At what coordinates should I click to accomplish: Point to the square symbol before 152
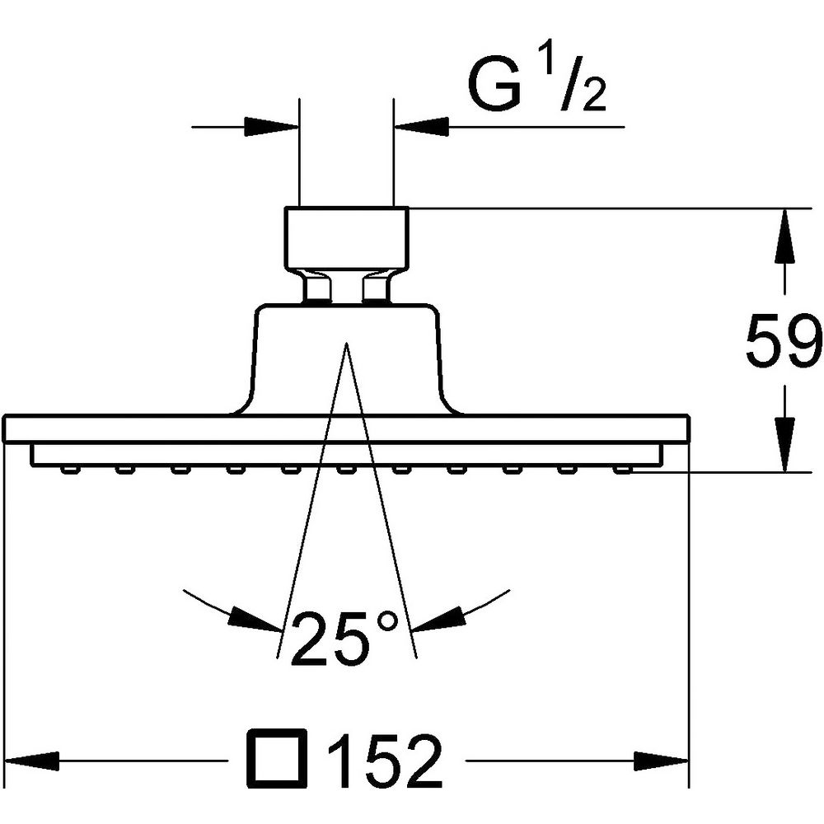277,758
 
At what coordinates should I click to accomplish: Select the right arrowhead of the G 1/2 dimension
421,127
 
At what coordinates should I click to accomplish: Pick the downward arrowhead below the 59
784,445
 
